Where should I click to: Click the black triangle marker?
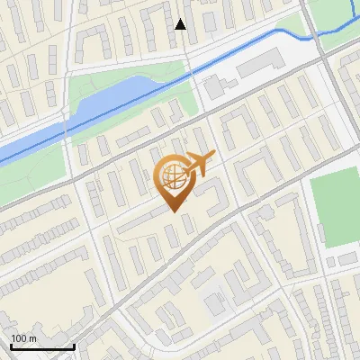[x=181, y=24]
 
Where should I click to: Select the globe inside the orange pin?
[x=173, y=176]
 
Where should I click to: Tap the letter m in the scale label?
[x=34, y=338]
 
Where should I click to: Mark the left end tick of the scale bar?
[x=11, y=346]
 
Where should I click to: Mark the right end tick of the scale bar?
[x=74, y=346]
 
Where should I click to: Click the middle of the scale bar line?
[x=42, y=347]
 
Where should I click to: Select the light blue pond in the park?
[x=108, y=99]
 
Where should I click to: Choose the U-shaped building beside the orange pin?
[x=208, y=195]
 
